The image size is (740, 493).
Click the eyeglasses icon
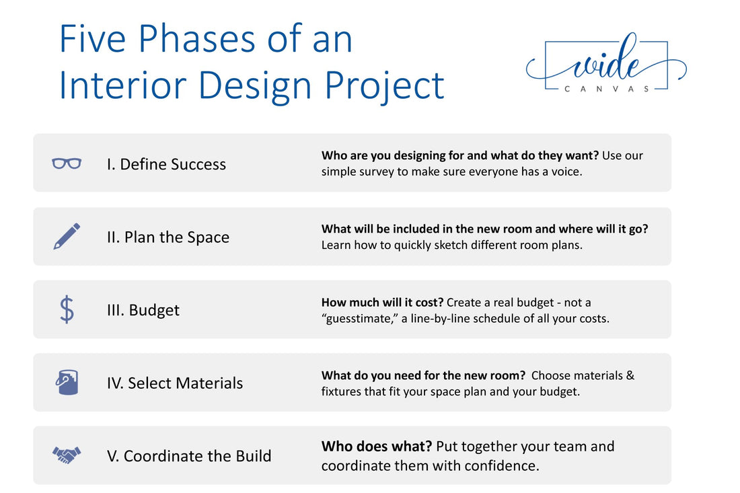click(x=67, y=163)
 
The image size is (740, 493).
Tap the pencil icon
click(x=67, y=236)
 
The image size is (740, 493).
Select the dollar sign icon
click(x=67, y=309)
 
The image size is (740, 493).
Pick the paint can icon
click(x=67, y=382)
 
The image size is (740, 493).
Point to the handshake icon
click(x=67, y=455)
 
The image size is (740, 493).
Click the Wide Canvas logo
click(x=606, y=64)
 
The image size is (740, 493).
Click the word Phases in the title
click(x=198, y=39)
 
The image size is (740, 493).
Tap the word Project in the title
click(x=385, y=87)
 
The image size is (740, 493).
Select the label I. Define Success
click(x=166, y=164)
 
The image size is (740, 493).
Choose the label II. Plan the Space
click(x=168, y=237)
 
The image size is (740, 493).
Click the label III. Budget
click(x=143, y=310)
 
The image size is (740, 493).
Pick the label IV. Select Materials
click(x=175, y=383)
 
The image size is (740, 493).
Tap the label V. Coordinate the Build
click(x=189, y=456)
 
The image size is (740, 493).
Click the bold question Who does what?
click(x=377, y=447)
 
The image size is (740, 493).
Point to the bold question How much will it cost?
click(x=382, y=303)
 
